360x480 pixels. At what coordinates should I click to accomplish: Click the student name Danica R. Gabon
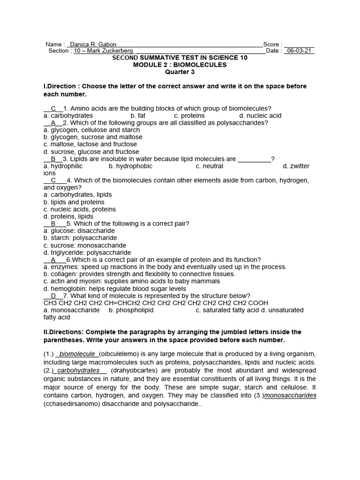tap(93, 44)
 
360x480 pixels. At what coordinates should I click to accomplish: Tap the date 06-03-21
tap(299, 51)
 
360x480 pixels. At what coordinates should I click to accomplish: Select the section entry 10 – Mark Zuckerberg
tap(104, 51)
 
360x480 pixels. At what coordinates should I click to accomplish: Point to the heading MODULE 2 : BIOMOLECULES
tap(180, 65)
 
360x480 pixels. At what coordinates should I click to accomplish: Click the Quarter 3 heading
tap(180, 72)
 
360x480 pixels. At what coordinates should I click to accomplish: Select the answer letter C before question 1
tap(53, 108)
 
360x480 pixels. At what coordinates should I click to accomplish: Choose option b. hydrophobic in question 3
tap(130, 166)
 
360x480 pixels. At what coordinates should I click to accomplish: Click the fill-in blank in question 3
tap(255, 159)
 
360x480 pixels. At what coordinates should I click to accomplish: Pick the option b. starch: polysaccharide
tap(80, 238)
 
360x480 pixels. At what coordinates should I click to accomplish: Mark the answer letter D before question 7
tap(53, 296)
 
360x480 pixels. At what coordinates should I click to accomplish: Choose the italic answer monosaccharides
tap(291, 396)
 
